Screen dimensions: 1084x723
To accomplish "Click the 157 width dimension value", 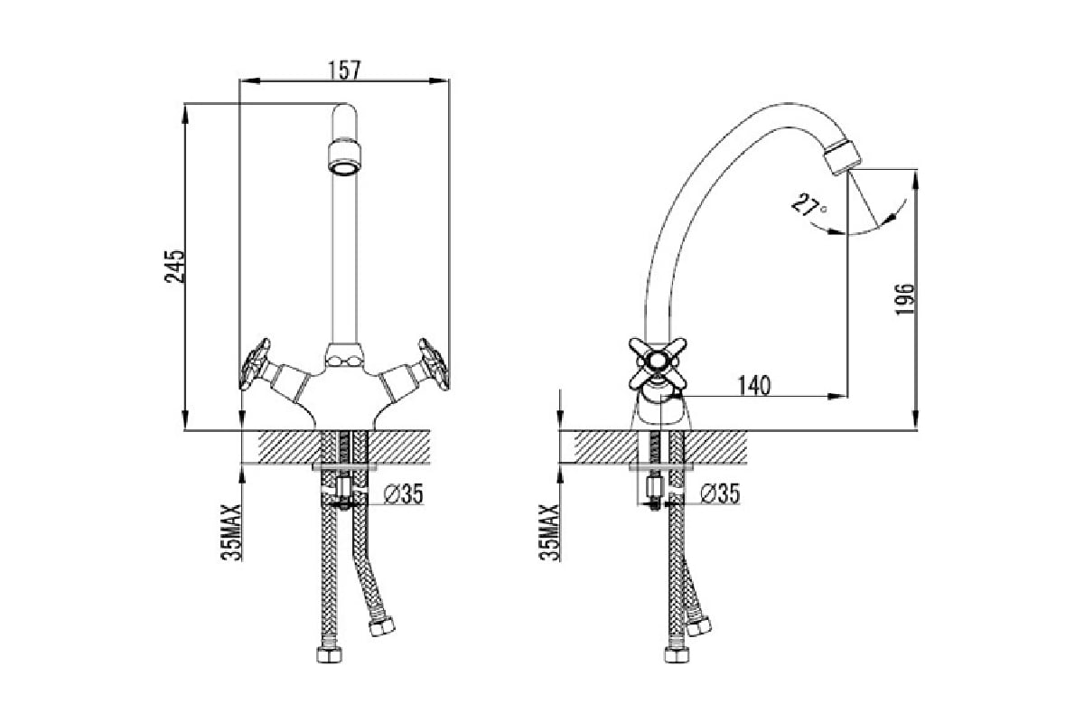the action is pyautogui.click(x=344, y=70).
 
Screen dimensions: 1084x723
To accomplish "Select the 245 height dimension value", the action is pyautogui.click(x=174, y=267).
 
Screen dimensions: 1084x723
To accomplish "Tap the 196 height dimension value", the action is pyautogui.click(x=905, y=299).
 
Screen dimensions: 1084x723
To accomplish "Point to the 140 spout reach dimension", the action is pyautogui.click(x=754, y=386).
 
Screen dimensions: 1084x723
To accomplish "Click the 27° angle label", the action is pyautogui.click(x=808, y=206).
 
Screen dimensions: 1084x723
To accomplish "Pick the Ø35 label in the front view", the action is pyautogui.click(x=403, y=493).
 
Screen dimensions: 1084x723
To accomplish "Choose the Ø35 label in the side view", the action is pyautogui.click(x=720, y=493).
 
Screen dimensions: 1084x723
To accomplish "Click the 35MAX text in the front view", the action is pyautogui.click(x=231, y=532).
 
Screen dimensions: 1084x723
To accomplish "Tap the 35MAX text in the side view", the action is pyautogui.click(x=549, y=532).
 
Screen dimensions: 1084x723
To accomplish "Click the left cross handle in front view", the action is pyautogui.click(x=255, y=363).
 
